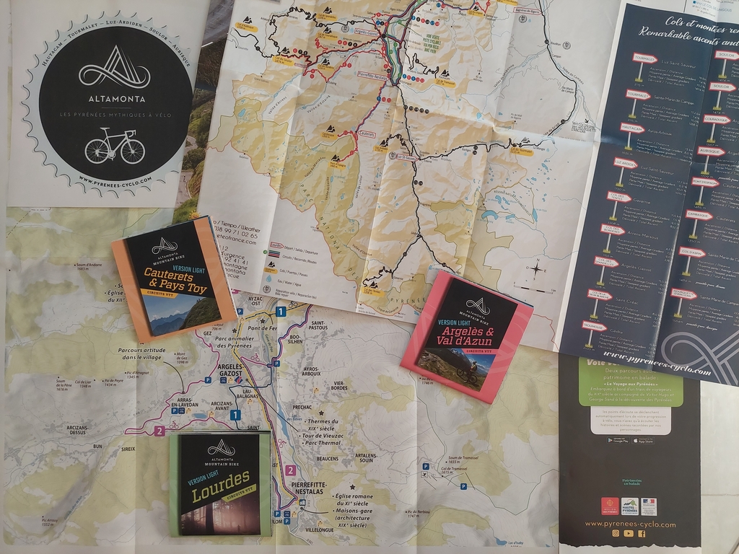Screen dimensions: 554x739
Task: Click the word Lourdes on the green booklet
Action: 221,485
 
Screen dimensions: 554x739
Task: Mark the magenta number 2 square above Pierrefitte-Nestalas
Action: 290,470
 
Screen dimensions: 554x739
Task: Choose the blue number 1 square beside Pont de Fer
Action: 280,312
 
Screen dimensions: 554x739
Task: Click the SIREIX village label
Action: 128,448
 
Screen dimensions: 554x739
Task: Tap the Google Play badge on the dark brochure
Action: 616,440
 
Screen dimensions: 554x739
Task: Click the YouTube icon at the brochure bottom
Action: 629,533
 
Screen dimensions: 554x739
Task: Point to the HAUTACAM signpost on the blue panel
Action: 631,128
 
